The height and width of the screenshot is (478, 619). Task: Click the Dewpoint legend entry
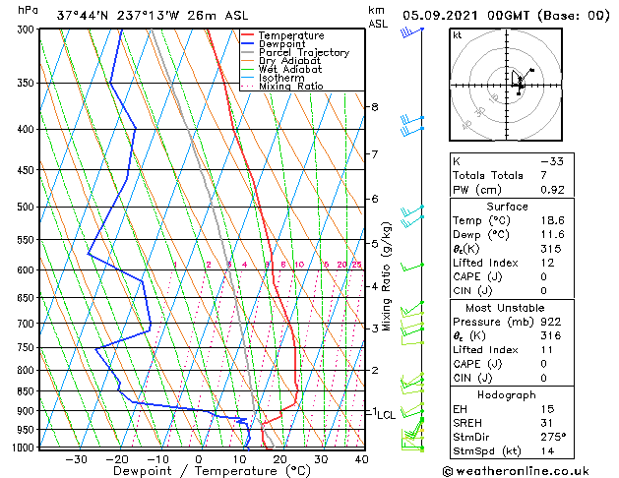click(x=282, y=44)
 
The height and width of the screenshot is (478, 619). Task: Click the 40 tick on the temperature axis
click(x=361, y=459)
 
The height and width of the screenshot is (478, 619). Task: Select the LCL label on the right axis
click(x=386, y=415)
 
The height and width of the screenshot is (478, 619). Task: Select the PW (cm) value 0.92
click(x=552, y=190)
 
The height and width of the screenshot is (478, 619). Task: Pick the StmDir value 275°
click(x=554, y=437)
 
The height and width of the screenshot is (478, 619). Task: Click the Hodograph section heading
click(x=507, y=394)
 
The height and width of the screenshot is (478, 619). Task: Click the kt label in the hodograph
click(x=457, y=34)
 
